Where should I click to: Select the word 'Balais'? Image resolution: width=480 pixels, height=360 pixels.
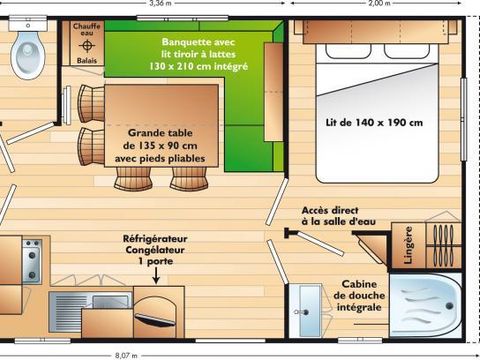87,60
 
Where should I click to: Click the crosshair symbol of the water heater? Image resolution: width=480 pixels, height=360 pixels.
87,45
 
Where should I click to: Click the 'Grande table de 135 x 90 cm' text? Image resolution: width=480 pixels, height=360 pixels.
167,143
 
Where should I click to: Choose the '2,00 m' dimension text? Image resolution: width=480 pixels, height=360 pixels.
379,4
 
